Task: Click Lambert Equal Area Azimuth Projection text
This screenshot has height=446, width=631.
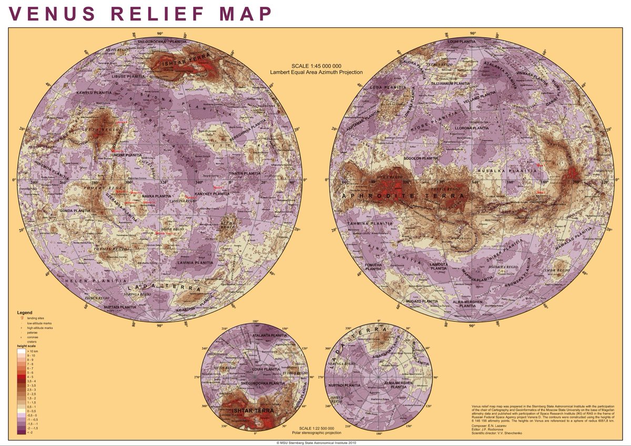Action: tap(316, 72)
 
